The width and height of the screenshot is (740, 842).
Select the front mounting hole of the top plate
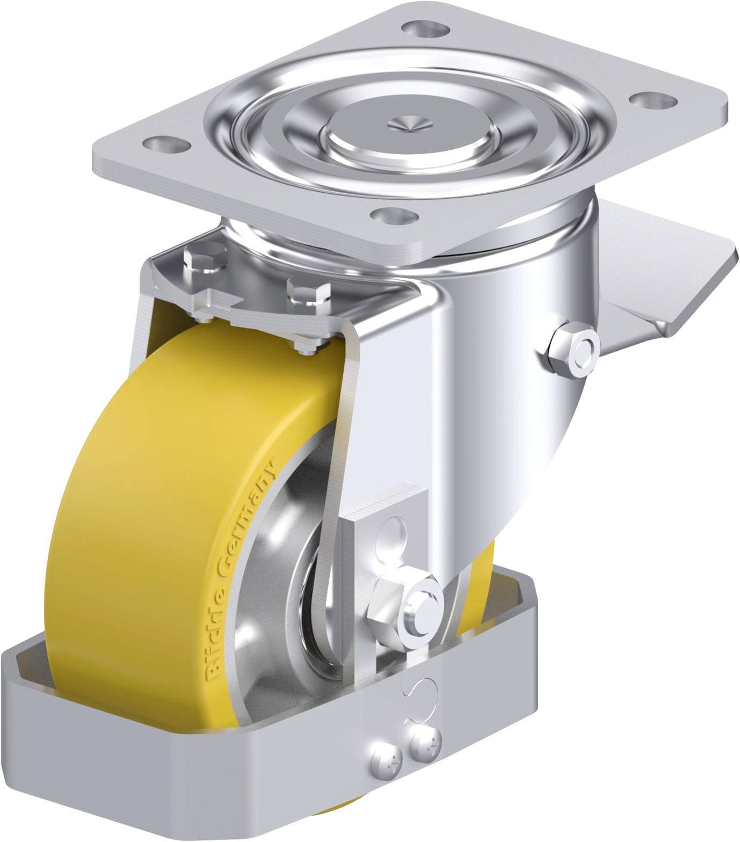[x=396, y=216]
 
